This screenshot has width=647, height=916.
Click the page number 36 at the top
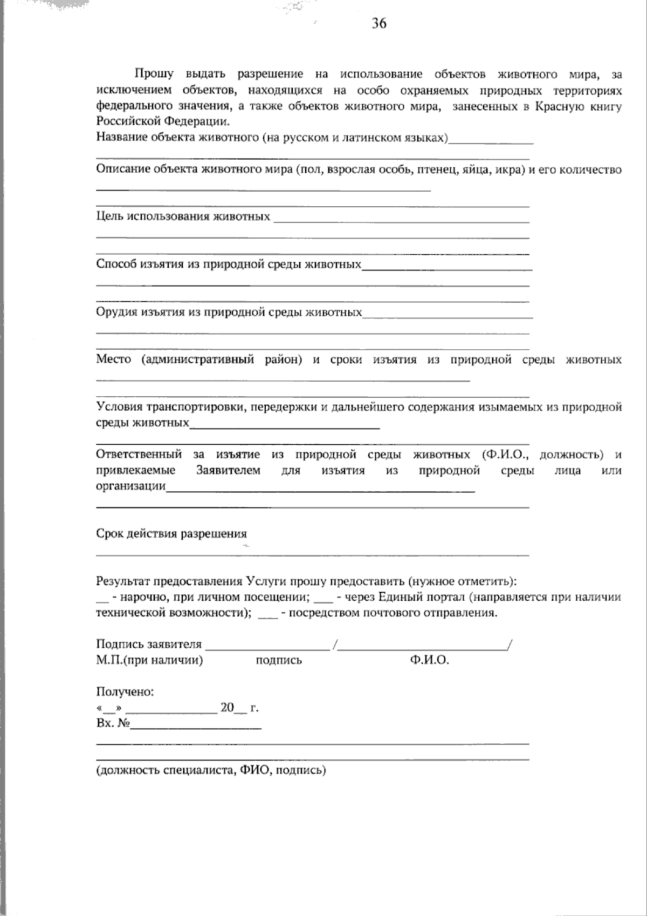(x=379, y=24)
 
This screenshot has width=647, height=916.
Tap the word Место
(x=113, y=359)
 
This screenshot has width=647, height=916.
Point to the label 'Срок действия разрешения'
(x=171, y=534)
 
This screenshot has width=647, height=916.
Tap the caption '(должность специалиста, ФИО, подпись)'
(x=211, y=770)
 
